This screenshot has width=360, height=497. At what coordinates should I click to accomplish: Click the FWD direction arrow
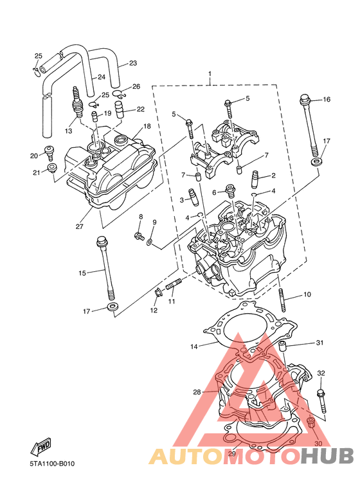tap(40, 447)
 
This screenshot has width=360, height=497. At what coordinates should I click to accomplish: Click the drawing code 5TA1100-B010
tap(52, 464)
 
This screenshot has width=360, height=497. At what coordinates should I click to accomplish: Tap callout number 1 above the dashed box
tap(210, 74)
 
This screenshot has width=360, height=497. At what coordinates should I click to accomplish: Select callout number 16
tap(327, 100)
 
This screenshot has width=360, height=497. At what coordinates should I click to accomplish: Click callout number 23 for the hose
tap(133, 63)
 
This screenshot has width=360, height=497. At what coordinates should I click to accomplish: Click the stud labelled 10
tap(282, 300)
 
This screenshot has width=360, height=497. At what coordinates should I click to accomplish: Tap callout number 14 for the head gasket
tap(194, 347)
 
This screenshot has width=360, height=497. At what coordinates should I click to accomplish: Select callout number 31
tap(319, 343)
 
